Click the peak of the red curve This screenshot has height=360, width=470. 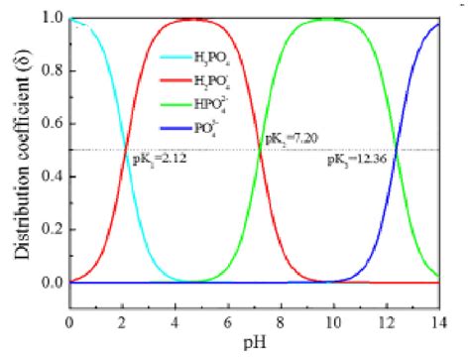click(195, 20)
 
